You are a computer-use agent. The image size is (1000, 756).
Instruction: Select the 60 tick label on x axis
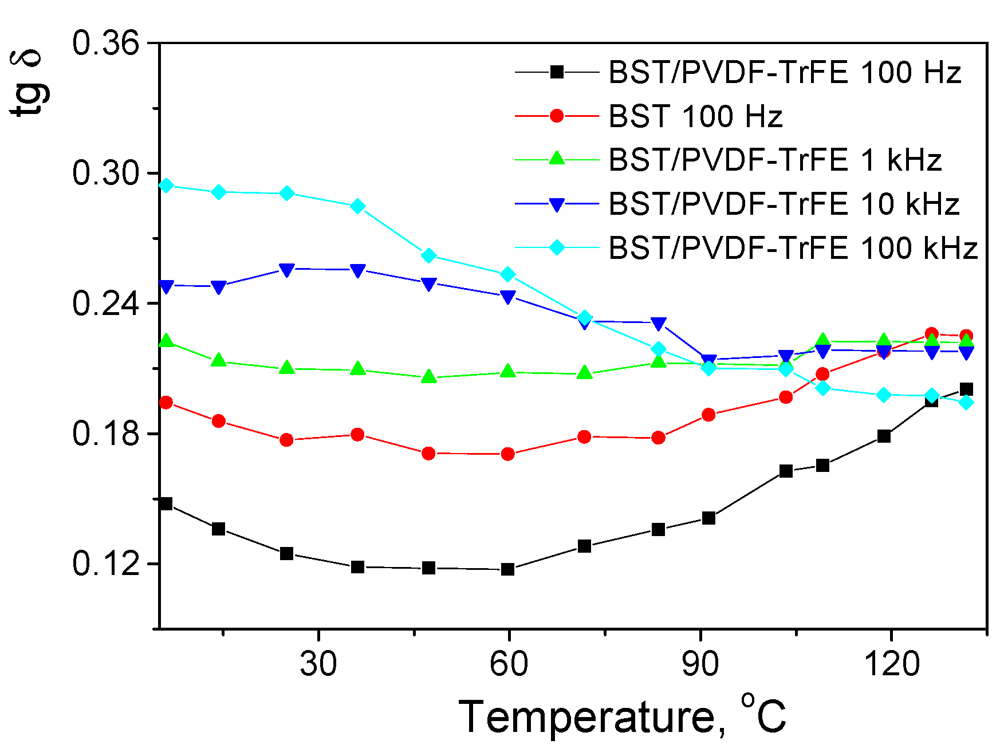tap(509, 664)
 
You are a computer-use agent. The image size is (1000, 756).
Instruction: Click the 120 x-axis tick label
tap(891, 664)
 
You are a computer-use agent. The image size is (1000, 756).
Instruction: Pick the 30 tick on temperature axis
tap(318, 664)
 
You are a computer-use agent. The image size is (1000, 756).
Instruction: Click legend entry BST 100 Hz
tap(695, 116)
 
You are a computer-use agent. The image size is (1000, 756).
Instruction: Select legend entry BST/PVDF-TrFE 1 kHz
tap(775, 160)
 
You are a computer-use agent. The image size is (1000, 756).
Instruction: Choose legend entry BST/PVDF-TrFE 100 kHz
tap(793, 248)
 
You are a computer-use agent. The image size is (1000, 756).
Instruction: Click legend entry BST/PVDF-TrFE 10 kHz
tap(784, 204)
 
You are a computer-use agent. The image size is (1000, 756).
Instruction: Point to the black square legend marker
tap(557, 72)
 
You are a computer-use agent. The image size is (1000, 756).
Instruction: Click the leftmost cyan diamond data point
tap(166, 186)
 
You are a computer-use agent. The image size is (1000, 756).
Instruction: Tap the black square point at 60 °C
tap(508, 569)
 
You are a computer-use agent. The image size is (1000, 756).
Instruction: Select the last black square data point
tap(966, 389)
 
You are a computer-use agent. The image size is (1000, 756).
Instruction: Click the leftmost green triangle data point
tap(166, 341)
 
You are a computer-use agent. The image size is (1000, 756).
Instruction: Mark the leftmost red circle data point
tap(166, 403)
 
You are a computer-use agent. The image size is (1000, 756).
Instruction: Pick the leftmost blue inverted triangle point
tap(166, 286)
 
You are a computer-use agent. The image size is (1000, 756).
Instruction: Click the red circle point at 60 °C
tap(508, 454)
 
